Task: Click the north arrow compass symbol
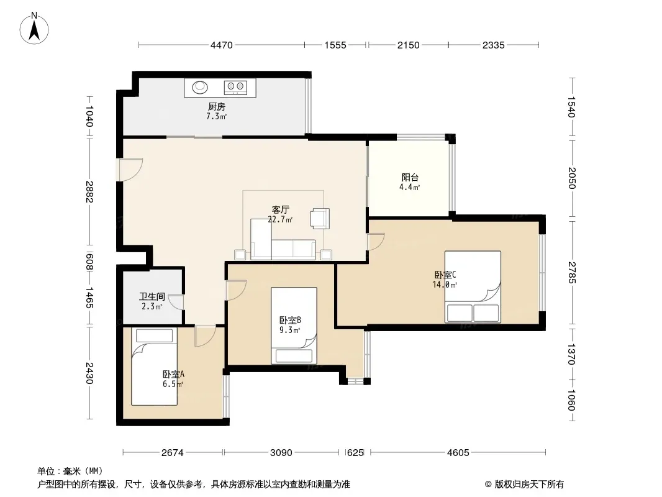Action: tap(34, 29)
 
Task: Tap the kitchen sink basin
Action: tap(200, 88)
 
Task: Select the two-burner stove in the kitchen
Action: tap(235, 87)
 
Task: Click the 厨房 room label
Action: tap(216, 107)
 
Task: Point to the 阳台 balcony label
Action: tap(409, 177)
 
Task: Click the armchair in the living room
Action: tap(320, 219)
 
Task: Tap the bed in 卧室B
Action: tap(294, 326)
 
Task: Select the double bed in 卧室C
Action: tap(473, 287)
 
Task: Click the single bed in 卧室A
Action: tap(154, 367)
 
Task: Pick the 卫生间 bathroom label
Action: tap(152, 296)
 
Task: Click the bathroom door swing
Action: tap(176, 302)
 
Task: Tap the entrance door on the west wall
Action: tap(131, 170)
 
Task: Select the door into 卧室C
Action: tap(375, 242)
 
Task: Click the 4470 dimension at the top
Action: tap(222, 45)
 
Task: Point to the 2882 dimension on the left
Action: tap(89, 191)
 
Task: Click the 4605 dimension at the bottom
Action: tap(458, 453)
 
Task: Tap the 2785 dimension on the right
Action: tap(572, 272)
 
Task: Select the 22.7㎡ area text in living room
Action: tap(280, 219)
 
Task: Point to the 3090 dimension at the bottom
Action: tap(281, 453)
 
